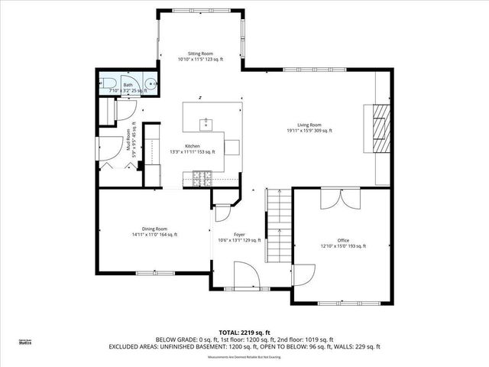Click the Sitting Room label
click(x=201, y=54)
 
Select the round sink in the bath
click(x=153, y=85)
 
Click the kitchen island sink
click(x=206, y=122)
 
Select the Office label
click(x=342, y=240)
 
